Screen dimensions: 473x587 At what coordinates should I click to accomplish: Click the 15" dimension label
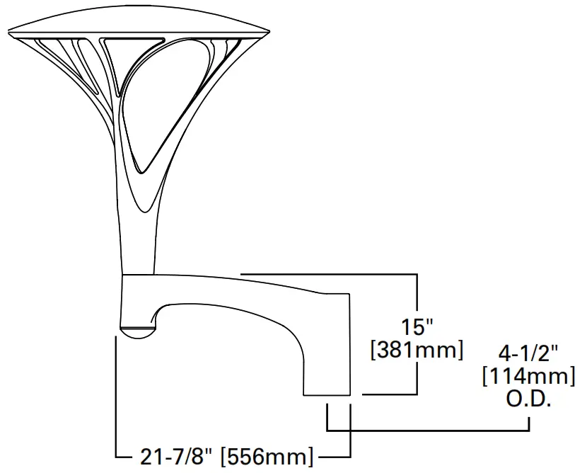417,327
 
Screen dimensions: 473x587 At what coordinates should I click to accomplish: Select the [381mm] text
417,350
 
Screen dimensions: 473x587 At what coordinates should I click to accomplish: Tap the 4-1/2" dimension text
528,352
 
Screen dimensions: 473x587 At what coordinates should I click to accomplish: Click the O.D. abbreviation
528,399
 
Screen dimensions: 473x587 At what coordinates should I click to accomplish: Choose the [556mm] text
267,457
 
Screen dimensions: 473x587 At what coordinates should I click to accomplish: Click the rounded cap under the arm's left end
138,331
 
